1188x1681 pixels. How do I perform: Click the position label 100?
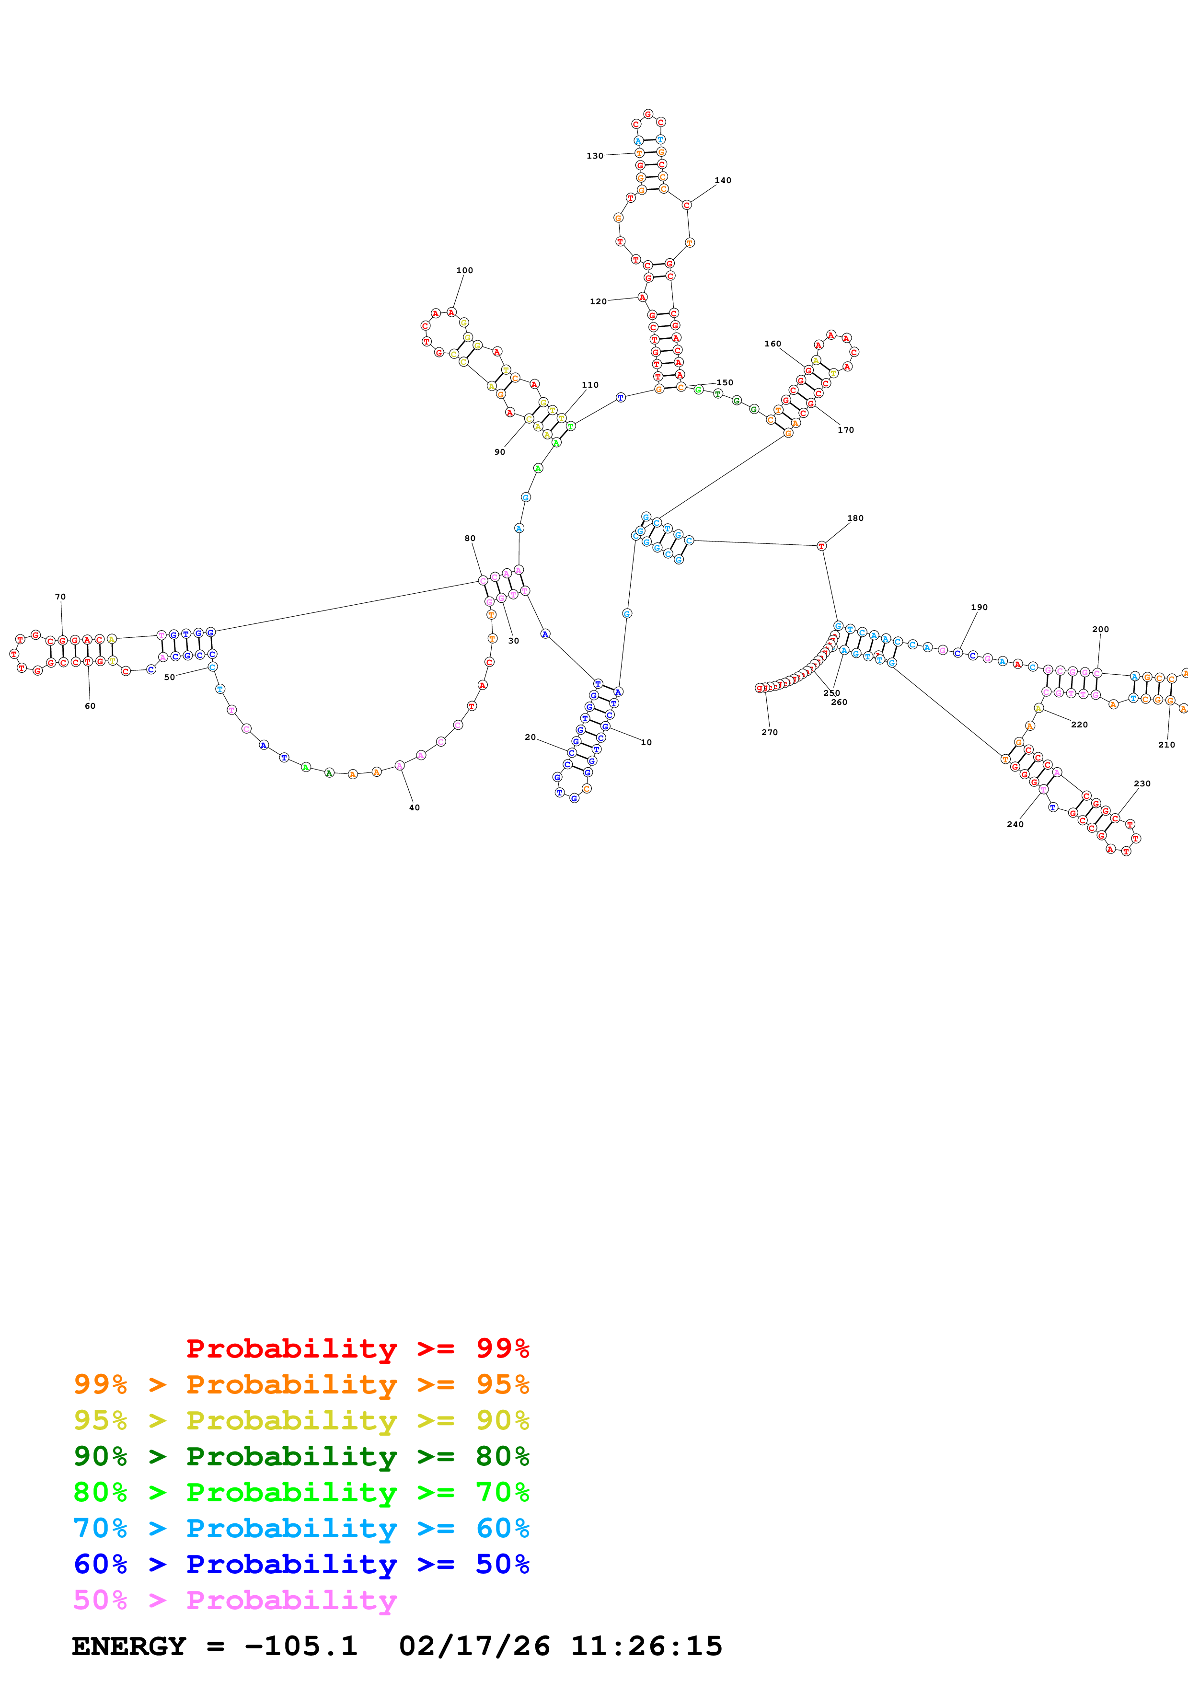tap(464, 270)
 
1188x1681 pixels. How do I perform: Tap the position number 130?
tap(594, 156)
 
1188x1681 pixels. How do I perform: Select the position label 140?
tap(723, 180)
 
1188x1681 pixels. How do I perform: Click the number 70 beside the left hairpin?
tap(60, 597)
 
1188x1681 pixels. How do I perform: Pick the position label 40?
tap(415, 807)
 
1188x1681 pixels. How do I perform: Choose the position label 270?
tap(769, 732)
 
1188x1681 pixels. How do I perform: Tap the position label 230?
tap(1142, 783)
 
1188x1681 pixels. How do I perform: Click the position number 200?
tap(1100, 629)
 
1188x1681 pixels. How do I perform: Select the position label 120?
tap(598, 301)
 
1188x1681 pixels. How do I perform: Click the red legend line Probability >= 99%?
tap(357, 1348)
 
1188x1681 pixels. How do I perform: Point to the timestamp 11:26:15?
tap(646, 1646)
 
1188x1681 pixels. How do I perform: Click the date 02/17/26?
tap(474, 1646)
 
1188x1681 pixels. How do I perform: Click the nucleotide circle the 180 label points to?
tap(821, 545)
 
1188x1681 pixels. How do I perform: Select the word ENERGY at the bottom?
tap(129, 1646)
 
